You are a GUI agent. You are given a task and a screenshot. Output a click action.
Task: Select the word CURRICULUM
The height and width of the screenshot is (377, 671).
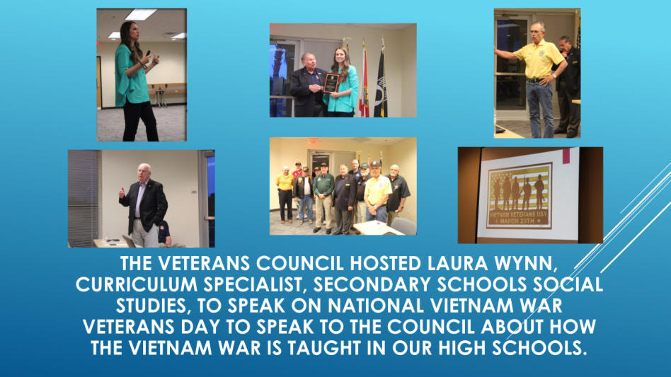coord(137,284)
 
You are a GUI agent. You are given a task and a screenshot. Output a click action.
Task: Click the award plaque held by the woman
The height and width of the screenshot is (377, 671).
coord(332,83)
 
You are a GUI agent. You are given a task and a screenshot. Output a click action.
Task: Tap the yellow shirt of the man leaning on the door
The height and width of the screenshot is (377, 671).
coord(539,59)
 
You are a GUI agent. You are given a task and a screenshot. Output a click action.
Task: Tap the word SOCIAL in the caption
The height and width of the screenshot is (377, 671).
coord(566,284)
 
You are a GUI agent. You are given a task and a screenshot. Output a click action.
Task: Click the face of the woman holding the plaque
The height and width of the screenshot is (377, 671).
coord(340,57)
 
